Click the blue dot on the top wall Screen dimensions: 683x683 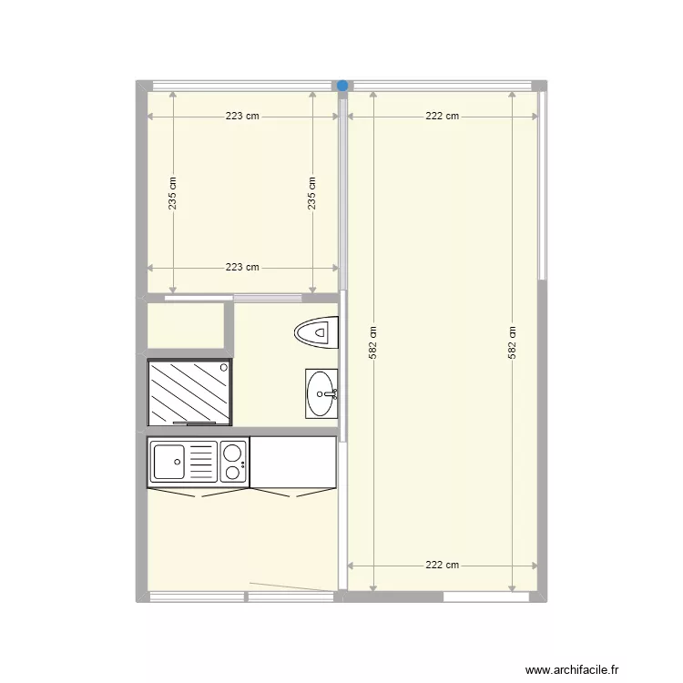coord(342,86)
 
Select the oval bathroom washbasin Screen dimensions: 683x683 coord(321,393)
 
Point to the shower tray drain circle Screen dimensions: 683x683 coord(224,366)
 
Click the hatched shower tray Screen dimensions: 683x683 coord(189,392)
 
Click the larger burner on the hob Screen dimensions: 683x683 coord(232,453)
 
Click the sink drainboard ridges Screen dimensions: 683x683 coord(202,461)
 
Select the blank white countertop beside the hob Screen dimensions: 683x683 coord(293,462)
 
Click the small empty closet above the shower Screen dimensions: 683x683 coord(187,325)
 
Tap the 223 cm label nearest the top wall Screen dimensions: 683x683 coord(242,117)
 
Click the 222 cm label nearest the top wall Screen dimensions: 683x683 coord(443,117)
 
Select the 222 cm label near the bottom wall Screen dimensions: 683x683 coord(443,565)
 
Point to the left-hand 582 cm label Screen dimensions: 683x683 coord(372,341)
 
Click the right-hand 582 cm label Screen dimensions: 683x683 coord(513,341)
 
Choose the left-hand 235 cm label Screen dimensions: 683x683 coord(173,192)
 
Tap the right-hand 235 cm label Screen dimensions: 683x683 coord(312,192)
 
